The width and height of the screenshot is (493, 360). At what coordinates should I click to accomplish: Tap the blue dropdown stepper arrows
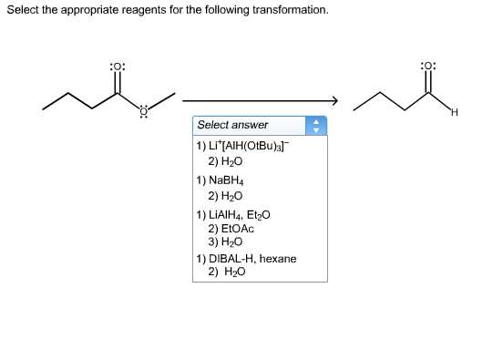318,124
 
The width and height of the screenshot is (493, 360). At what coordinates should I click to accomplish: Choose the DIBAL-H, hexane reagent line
246,259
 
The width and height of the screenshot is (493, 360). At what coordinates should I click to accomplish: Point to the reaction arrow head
334,100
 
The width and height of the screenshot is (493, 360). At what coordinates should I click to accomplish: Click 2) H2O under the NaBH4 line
224,195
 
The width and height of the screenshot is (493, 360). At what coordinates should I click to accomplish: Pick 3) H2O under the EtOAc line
224,242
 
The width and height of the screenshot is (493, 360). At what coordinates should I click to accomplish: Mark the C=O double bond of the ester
118,85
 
